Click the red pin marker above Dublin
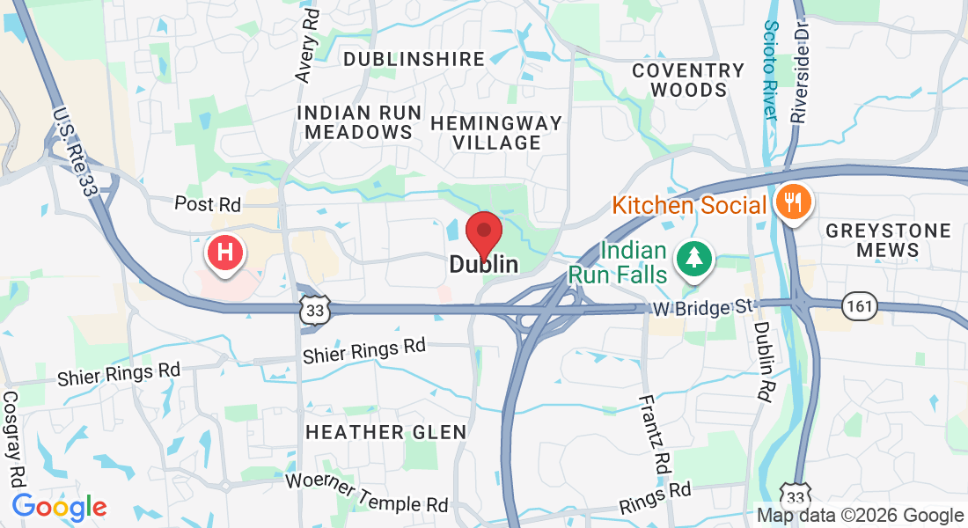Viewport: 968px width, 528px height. pyautogui.click(x=483, y=233)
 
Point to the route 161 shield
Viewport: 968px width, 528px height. pyautogui.click(x=858, y=304)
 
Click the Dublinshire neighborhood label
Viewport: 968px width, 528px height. pyautogui.click(x=414, y=59)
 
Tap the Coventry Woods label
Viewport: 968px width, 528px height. pyautogui.click(x=688, y=80)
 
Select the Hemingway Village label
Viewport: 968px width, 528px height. pyautogui.click(x=497, y=132)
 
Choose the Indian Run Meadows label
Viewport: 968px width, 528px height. pyautogui.click(x=355, y=122)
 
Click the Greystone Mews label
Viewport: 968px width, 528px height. pyautogui.click(x=888, y=240)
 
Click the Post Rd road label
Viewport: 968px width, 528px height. pyautogui.click(x=207, y=204)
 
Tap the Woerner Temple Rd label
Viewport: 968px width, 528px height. pyautogui.click(x=367, y=494)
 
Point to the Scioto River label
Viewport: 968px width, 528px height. pyautogui.click(x=770, y=70)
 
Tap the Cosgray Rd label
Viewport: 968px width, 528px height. pyautogui.click(x=15, y=441)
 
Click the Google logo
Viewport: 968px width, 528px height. pyautogui.click(x=59, y=507)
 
